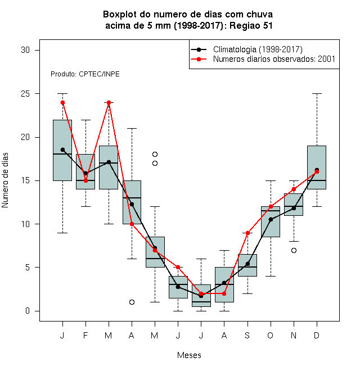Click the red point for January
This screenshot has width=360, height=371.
click(x=62, y=102)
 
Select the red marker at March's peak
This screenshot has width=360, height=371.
click(x=109, y=102)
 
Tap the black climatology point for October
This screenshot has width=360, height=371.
click(x=271, y=220)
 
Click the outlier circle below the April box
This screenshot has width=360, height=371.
click(x=132, y=302)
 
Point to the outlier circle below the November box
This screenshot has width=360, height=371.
click(x=294, y=250)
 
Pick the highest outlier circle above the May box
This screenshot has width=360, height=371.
click(x=155, y=154)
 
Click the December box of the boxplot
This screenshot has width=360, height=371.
click(x=317, y=168)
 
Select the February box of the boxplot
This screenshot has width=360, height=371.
click(x=85, y=172)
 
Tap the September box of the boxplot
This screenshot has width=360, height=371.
click(x=247, y=265)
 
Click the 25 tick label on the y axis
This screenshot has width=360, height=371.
click(x=25, y=94)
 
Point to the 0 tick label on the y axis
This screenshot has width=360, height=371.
click(x=28, y=311)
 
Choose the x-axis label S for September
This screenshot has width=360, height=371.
click(x=247, y=336)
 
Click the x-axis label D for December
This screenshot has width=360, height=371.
click(x=317, y=336)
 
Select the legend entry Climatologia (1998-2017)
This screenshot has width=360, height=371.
click(x=258, y=49)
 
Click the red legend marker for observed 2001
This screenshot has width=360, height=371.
click(x=199, y=59)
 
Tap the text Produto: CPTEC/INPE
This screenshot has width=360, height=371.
click(x=85, y=74)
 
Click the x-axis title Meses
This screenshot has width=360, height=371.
click(x=189, y=355)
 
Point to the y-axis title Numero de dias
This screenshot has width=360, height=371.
click(x=5, y=180)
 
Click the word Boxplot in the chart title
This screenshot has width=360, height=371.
click(x=120, y=15)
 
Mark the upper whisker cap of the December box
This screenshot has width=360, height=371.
click(x=317, y=94)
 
